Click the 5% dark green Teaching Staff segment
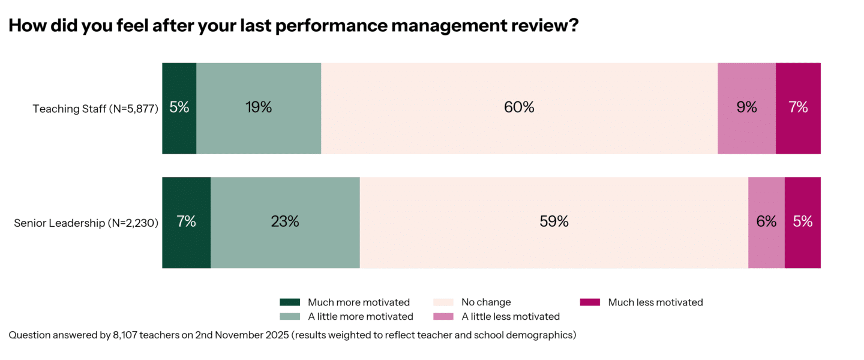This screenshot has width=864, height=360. (x=179, y=108)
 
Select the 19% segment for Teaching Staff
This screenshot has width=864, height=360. (x=259, y=108)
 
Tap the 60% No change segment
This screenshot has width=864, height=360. (x=519, y=108)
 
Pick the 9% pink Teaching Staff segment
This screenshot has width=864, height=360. (x=746, y=108)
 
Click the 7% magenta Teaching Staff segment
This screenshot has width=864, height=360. (x=798, y=108)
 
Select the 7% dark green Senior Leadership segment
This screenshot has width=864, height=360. (x=187, y=222)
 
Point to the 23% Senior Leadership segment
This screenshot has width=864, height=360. (x=285, y=222)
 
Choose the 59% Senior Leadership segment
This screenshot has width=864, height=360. (x=554, y=222)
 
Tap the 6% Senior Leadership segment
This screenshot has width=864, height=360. (x=766, y=222)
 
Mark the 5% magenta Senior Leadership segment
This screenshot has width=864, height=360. (x=803, y=222)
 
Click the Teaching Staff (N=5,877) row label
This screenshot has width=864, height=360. (x=95, y=109)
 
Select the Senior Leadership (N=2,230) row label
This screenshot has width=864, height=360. (x=86, y=223)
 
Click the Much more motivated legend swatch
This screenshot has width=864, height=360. (x=290, y=302)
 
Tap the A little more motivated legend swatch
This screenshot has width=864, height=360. (x=290, y=316)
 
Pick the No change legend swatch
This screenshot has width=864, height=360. (x=443, y=302)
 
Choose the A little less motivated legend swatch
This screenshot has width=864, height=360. (x=443, y=316)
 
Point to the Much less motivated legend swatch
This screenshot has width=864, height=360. (x=590, y=302)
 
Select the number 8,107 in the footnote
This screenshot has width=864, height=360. (x=125, y=335)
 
